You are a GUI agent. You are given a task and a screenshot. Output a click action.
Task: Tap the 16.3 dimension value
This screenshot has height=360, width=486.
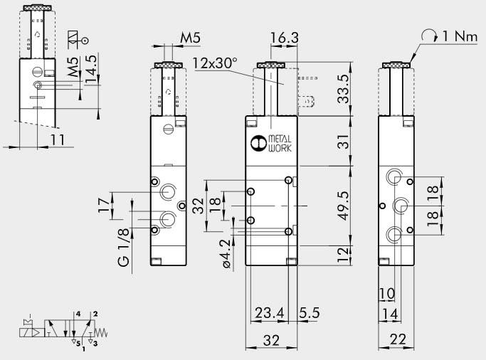[282, 37]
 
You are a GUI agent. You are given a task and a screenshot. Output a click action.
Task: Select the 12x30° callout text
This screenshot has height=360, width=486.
[215, 63]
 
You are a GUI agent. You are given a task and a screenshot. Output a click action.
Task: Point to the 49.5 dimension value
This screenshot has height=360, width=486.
[344, 205]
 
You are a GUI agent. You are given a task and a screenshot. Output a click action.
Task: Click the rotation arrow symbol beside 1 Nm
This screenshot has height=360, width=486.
[430, 35]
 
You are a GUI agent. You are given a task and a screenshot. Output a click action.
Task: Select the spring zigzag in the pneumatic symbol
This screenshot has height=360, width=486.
[104, 332]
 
